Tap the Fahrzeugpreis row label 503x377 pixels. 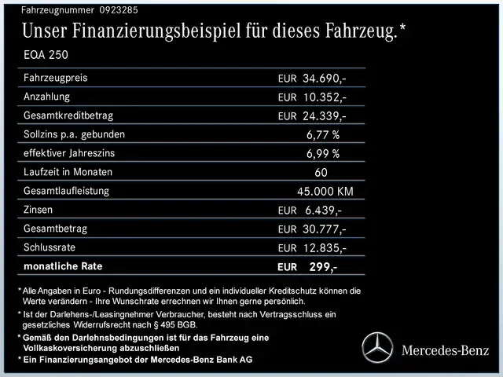(56, 79)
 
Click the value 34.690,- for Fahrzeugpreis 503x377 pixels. (325, 79)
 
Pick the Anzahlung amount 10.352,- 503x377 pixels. (325, 97)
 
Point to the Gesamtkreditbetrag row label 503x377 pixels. (68, 116)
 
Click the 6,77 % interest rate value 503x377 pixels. (323, 134)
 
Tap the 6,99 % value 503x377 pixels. (323, 153)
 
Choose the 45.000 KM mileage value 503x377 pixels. (325, 191)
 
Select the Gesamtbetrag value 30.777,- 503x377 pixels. (325, 229)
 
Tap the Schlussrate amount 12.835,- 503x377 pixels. (325, 247)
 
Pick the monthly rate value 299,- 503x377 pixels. (323, 266)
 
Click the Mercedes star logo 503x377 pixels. (376, 347)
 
